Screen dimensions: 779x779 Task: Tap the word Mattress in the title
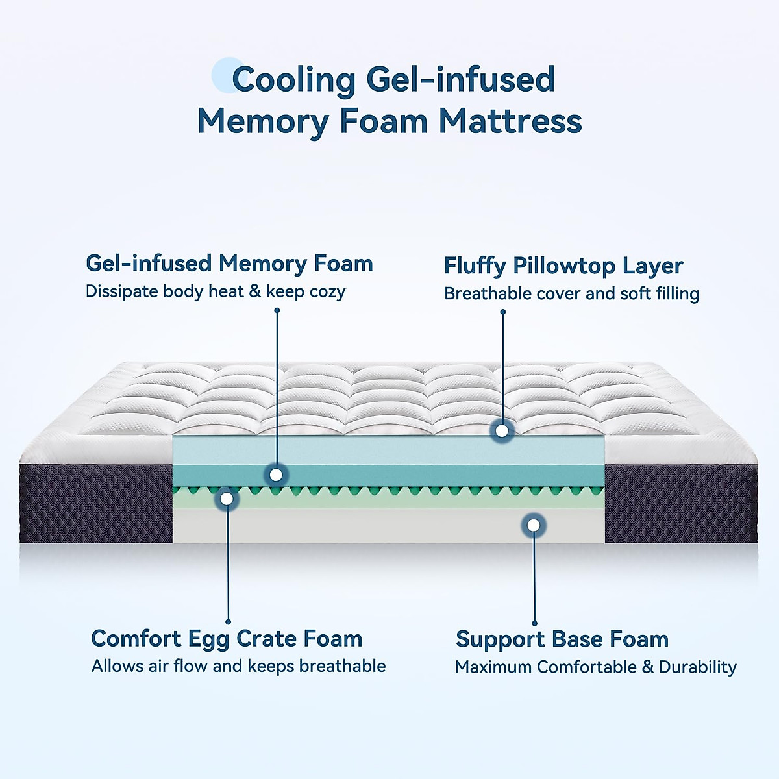[510, 121]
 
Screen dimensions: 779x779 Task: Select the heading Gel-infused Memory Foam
[229, 264]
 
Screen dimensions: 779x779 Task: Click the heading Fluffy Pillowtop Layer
[563, 266]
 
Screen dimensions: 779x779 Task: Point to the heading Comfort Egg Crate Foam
[227, 638]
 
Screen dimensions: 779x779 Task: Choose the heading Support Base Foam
[562, 639]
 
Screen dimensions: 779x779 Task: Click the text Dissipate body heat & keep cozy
[215, 291]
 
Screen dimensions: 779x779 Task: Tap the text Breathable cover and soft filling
[571, 293]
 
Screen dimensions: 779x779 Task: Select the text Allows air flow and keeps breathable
[238, 666]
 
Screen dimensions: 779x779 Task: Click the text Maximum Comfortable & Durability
[595, 667]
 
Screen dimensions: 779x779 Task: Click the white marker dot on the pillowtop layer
[502, 430]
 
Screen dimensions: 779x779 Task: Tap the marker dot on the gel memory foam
[276, 475]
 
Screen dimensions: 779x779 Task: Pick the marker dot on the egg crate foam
[227, 499]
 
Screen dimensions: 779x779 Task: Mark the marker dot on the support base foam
[534, 525]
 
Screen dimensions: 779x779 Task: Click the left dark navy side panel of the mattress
[96, 504]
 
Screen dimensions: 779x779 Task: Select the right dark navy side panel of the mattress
[680, 504]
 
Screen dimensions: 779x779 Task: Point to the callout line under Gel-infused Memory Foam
[277, 389]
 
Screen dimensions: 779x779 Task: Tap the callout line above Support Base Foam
[534, 578]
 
